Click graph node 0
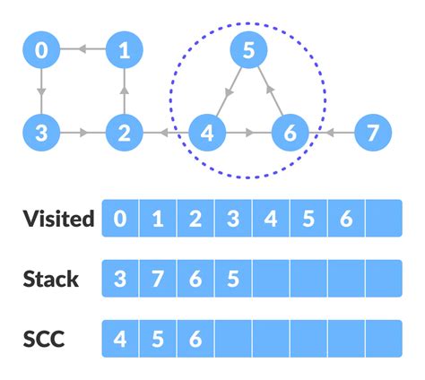coord(41,51)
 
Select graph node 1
coord(124,51)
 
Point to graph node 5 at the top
coord(248,51)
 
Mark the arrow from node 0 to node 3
coord(41,93)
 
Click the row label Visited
coord(58,219)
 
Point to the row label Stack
coord(51,279)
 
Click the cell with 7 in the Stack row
coord(158,279)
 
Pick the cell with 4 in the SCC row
coord(120,339)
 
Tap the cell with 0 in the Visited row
coord(120,219)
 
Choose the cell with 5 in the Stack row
coord(233,279)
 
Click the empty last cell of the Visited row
coord(384,219)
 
